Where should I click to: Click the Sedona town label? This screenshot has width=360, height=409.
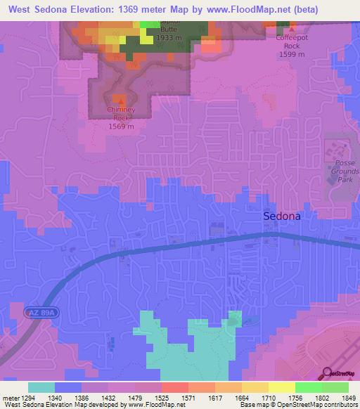(x=282, y=216)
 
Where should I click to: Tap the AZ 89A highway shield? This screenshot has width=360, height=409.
(x=41, y=310)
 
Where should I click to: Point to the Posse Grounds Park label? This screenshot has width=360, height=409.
(x=342, y=171)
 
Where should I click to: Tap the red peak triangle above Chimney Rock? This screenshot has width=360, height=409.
(x=118, y=102)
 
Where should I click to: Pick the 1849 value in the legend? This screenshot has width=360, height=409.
(x=347, y=398)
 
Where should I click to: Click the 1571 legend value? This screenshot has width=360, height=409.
(x=188, y=398)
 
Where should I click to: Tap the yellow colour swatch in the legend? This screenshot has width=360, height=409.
(x=281, y=387)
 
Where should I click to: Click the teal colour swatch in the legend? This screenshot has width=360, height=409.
(x=41, y=387)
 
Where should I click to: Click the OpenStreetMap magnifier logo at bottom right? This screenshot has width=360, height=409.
(x=326, y=373)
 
